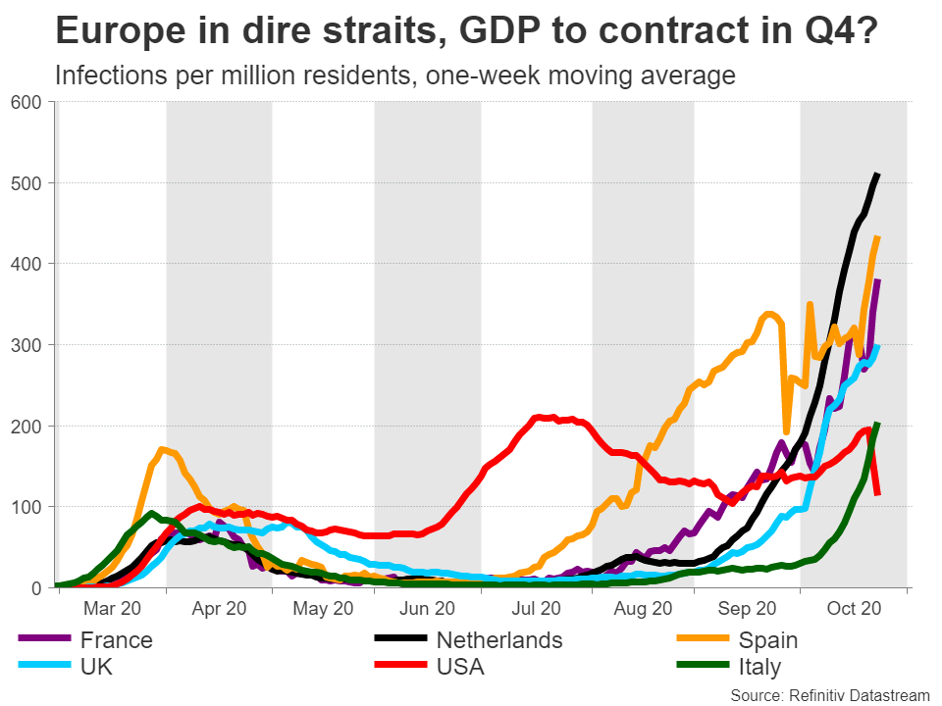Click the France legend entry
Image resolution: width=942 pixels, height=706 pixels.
(116, 640)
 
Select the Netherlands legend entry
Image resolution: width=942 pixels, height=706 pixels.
(498, 640)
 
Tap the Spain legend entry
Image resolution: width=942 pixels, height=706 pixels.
(768, 640)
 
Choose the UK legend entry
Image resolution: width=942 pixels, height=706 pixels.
(99, 668)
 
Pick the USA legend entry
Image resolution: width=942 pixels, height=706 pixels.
(460, 668)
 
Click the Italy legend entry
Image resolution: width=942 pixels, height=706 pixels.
(760, 668)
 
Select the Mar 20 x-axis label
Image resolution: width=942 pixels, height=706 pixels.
(113, 609)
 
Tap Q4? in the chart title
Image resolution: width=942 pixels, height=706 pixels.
(844, 31)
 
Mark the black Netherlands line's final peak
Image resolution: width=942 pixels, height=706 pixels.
(877, 175)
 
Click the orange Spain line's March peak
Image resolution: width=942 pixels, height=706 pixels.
(163, 450)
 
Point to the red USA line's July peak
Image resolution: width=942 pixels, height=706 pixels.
(538, 417)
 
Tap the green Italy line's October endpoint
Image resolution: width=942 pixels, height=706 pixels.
(877, 424)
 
